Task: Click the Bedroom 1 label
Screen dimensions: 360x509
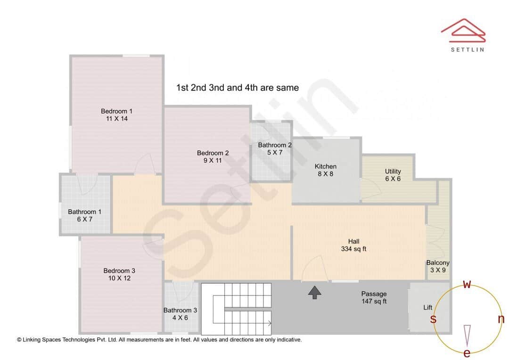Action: [117, 111]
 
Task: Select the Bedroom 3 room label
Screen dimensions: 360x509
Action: [119, 270]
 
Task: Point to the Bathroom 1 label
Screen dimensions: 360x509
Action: [84, 212]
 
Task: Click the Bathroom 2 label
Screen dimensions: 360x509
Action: [275, 145]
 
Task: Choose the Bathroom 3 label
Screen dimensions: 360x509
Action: [181, 310]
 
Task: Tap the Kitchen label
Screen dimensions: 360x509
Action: [326, 166]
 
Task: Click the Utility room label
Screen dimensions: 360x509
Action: [393, 172]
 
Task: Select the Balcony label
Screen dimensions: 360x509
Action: [438, 263]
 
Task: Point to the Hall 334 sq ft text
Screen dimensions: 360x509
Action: [353, 245]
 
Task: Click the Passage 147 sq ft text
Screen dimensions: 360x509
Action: [374, 297]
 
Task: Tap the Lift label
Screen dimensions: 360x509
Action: [427, 307]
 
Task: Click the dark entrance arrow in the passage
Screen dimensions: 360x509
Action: [314, 293]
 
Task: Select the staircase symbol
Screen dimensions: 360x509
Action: [237, 309]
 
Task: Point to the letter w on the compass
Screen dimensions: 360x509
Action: [467, 284]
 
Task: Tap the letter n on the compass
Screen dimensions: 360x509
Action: [501, 319]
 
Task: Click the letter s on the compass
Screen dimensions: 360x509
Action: [433, 319]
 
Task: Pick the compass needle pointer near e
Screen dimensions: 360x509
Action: [467, 335]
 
